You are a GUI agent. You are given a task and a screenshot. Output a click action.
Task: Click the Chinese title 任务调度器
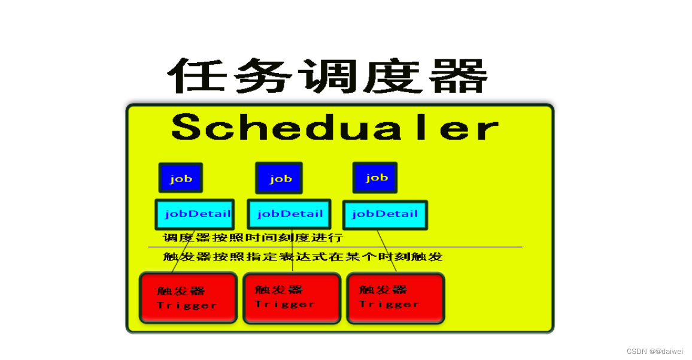[x=327, y=76]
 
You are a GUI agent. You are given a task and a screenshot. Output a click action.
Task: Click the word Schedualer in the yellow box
[x=335, y=128]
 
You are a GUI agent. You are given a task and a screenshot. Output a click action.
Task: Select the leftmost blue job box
[x=181, y=178]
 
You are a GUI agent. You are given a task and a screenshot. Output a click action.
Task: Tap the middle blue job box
[x=279, y=178]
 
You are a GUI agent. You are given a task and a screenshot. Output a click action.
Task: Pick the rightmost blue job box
[x=375, y=177]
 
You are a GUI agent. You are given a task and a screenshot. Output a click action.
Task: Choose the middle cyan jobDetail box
[x=289, y=214]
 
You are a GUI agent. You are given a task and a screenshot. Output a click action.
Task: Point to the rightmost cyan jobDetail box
[x=385, y=215]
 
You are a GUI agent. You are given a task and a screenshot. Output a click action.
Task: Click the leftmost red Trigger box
[x=188, y=298]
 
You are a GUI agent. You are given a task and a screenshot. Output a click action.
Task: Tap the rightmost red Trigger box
[x=395, y=298]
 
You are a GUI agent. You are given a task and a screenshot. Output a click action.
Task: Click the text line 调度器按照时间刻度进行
[x=253, y=238]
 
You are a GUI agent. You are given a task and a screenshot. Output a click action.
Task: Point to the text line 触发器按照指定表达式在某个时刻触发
[x=302, y=257]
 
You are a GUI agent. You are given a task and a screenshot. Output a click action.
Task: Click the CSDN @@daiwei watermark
[x=654, y=352]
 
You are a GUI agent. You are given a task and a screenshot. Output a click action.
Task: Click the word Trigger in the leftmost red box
[x=186, y=305]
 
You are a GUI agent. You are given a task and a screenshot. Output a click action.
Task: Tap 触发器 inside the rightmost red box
[x=383, y=290]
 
